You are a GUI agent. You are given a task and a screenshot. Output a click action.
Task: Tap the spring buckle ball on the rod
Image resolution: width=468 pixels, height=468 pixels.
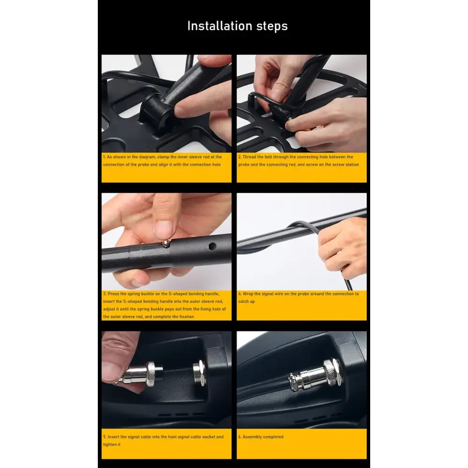[166, 244]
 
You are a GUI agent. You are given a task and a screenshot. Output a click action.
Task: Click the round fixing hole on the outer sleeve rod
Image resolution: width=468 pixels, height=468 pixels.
[212, 247]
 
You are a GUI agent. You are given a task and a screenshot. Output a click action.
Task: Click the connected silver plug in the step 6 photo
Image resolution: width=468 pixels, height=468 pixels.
[315, 375]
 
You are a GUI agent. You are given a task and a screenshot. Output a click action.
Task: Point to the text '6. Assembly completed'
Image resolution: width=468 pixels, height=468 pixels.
[261, 437]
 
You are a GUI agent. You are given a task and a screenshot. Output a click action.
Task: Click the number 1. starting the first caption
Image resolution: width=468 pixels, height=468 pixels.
[104, 157]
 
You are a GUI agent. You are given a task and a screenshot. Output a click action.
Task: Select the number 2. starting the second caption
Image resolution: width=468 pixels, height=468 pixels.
[240, 157]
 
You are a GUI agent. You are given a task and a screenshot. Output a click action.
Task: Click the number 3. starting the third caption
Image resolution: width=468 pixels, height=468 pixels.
[105, 294]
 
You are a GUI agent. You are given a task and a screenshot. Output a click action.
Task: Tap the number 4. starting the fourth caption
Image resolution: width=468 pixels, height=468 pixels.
[240, 294]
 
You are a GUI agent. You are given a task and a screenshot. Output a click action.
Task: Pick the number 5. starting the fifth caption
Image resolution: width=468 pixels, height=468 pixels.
[105, 437]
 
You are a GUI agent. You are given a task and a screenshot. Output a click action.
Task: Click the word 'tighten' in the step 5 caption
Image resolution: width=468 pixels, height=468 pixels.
[110, 445]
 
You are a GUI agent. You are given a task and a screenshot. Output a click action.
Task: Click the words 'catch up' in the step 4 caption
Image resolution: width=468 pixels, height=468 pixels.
[247, 301]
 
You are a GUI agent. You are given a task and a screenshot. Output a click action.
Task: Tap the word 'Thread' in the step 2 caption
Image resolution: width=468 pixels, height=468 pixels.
[249, 157]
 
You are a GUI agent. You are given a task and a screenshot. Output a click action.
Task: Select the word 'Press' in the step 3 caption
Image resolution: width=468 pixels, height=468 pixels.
[113, 294]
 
